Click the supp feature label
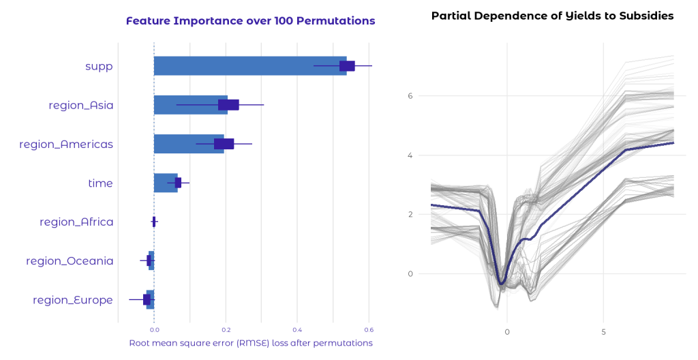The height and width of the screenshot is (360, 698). (99, 66)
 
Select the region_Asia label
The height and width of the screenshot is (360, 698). (81, 105)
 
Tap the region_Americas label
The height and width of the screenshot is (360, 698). (66, 144)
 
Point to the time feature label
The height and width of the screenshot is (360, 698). (100, 183)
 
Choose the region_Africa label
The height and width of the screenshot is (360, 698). (76, 222)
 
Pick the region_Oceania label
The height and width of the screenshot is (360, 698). (70, 260)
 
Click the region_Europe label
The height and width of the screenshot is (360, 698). (73, 300)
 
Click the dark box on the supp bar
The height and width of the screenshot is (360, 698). (347, 66)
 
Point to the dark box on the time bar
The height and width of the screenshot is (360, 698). (178, 183)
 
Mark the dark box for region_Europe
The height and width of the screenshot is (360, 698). (147, 299)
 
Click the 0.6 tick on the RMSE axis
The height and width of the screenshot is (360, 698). (369, 331)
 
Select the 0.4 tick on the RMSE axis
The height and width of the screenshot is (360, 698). (297, 331)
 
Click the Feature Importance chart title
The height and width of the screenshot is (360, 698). (251, 21)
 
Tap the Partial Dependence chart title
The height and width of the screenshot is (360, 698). (552, 16)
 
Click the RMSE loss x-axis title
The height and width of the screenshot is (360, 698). (251, 343)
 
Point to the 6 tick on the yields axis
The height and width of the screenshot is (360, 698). (410, 96)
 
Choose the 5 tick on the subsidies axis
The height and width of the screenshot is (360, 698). (603, 332)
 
